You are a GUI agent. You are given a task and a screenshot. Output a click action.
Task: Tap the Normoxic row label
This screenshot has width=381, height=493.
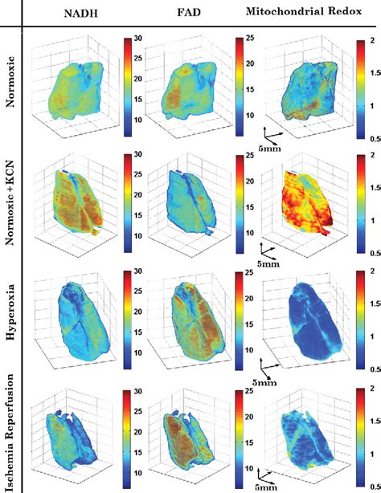10,79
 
